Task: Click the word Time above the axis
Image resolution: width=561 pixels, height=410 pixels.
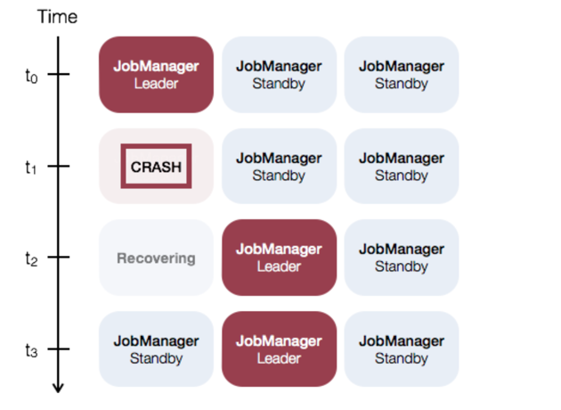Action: tap(57, 17)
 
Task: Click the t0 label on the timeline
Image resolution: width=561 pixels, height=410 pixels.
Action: tap(32, 75)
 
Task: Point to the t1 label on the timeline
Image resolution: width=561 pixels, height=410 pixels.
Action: tap(32, 167)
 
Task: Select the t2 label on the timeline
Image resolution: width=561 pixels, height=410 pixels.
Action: tap(32, 258)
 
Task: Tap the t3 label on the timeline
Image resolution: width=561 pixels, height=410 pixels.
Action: tap(32, 350)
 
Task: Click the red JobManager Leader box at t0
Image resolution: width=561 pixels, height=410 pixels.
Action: tap(156, 75)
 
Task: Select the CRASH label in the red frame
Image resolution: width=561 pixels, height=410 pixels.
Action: tap(156, 167)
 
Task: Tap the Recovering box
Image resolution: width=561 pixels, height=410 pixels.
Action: tap(156, 258)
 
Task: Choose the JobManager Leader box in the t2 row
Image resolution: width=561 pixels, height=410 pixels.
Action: tap(279, 258)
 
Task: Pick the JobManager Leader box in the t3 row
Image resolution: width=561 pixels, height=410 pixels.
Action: tap(279, 349)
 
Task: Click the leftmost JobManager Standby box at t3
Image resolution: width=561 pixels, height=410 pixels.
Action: tap(156, 349)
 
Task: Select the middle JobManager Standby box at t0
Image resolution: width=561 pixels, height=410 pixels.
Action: tap(279, 75)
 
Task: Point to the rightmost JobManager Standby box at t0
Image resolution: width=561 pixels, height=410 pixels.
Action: tap(402, 75)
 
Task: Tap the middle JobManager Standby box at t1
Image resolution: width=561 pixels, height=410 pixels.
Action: tap(279, 167)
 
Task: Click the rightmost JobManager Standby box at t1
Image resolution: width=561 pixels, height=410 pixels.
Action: tap(402, 167)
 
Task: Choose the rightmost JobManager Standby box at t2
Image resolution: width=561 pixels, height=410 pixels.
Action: tap(402, 258)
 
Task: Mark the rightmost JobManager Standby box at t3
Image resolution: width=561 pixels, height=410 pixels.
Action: tap(402, 349)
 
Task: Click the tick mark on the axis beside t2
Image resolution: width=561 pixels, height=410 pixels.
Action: tap(59, 258)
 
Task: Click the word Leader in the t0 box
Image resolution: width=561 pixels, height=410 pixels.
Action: tap(156, 84)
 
